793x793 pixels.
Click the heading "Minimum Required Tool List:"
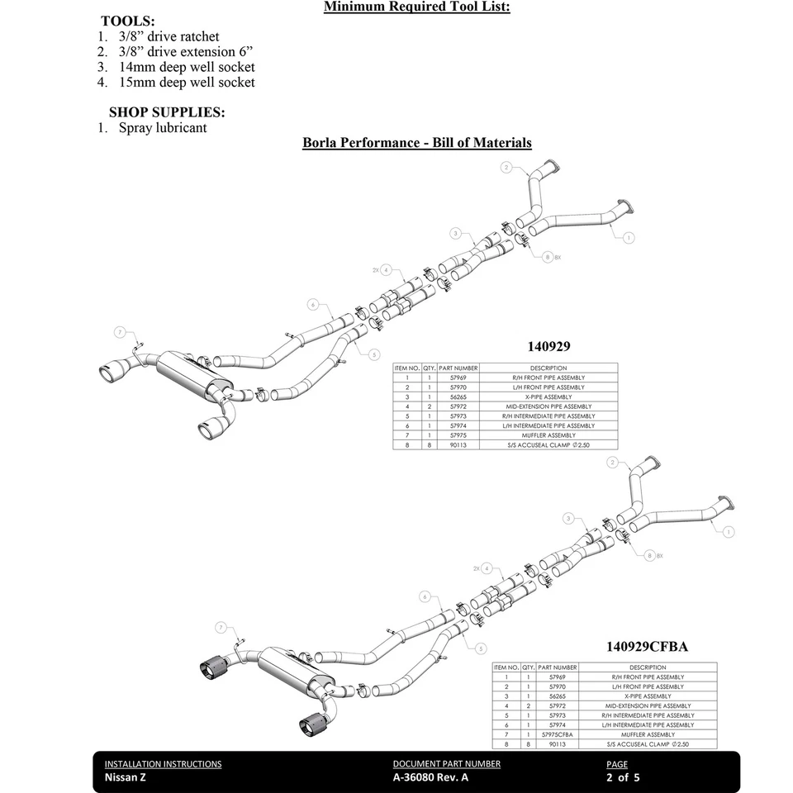click(416, 7)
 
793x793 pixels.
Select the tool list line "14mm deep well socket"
click(187, 67)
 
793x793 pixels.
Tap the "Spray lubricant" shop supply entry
click(163, 128)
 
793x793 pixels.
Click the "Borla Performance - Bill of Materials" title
click(417, 143)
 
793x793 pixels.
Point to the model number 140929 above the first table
click(549, 347)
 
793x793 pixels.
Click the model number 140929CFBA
click(648, 647)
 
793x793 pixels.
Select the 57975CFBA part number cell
click(558, 734)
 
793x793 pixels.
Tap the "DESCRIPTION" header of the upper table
click(548, 368)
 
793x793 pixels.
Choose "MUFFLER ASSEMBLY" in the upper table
click(548, 435)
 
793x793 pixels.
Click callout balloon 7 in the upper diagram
click(121, 332)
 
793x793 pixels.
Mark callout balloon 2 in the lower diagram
click(613, 463)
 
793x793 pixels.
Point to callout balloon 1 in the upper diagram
click(629, 238)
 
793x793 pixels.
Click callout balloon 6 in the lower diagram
click(425, 596)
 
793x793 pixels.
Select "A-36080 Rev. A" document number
click(430, 777)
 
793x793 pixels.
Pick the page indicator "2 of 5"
click(623, 777)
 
